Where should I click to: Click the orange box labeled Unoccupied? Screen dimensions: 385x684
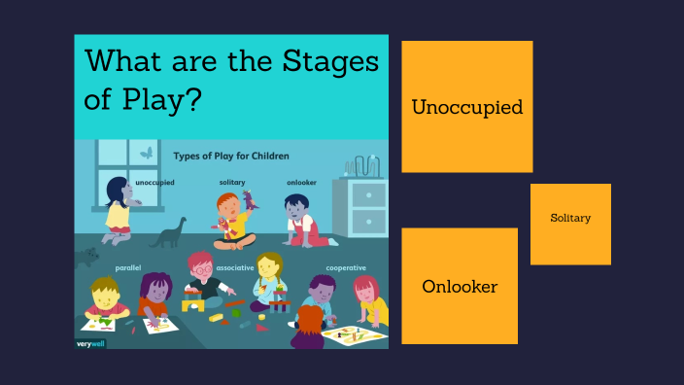click(466, 107)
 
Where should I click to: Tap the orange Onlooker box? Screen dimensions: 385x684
click(460, 286)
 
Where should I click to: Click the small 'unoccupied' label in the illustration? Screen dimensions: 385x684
click(154, 183)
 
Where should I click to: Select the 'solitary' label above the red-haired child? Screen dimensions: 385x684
click(232, 183)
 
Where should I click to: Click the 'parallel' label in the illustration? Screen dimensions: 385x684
click(128, 267)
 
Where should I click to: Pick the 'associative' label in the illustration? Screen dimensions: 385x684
click(235, 267)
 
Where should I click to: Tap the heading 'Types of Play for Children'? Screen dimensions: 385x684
click(231, 156)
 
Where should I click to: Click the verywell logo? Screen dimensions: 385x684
click(90, 342)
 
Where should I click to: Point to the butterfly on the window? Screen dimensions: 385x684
click(147, 152)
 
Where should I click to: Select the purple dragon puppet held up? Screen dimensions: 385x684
click(250, 201)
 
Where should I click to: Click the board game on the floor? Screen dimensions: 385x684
click(354, 335)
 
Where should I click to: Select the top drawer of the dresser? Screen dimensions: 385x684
click(368, 192)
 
